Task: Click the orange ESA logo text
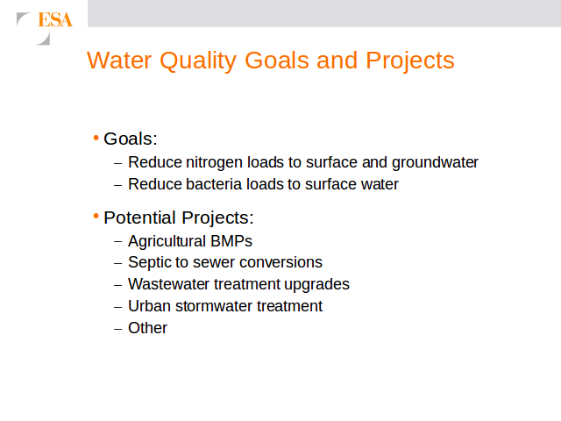point(55,19)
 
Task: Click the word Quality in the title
point(198,61)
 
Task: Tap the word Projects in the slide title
point(410,61)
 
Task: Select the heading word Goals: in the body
point(131,139)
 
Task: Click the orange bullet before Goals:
point(96,138)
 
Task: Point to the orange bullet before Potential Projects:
point(96,217)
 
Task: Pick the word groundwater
point(435,163)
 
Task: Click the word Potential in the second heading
point(139,218)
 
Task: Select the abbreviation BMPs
point(231,241)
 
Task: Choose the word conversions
point(280,262)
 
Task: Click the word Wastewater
point(168,284)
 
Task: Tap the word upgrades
point(316,285)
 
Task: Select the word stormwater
point(214,306)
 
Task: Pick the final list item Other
point(147,328)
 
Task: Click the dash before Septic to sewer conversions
point(118,263)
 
